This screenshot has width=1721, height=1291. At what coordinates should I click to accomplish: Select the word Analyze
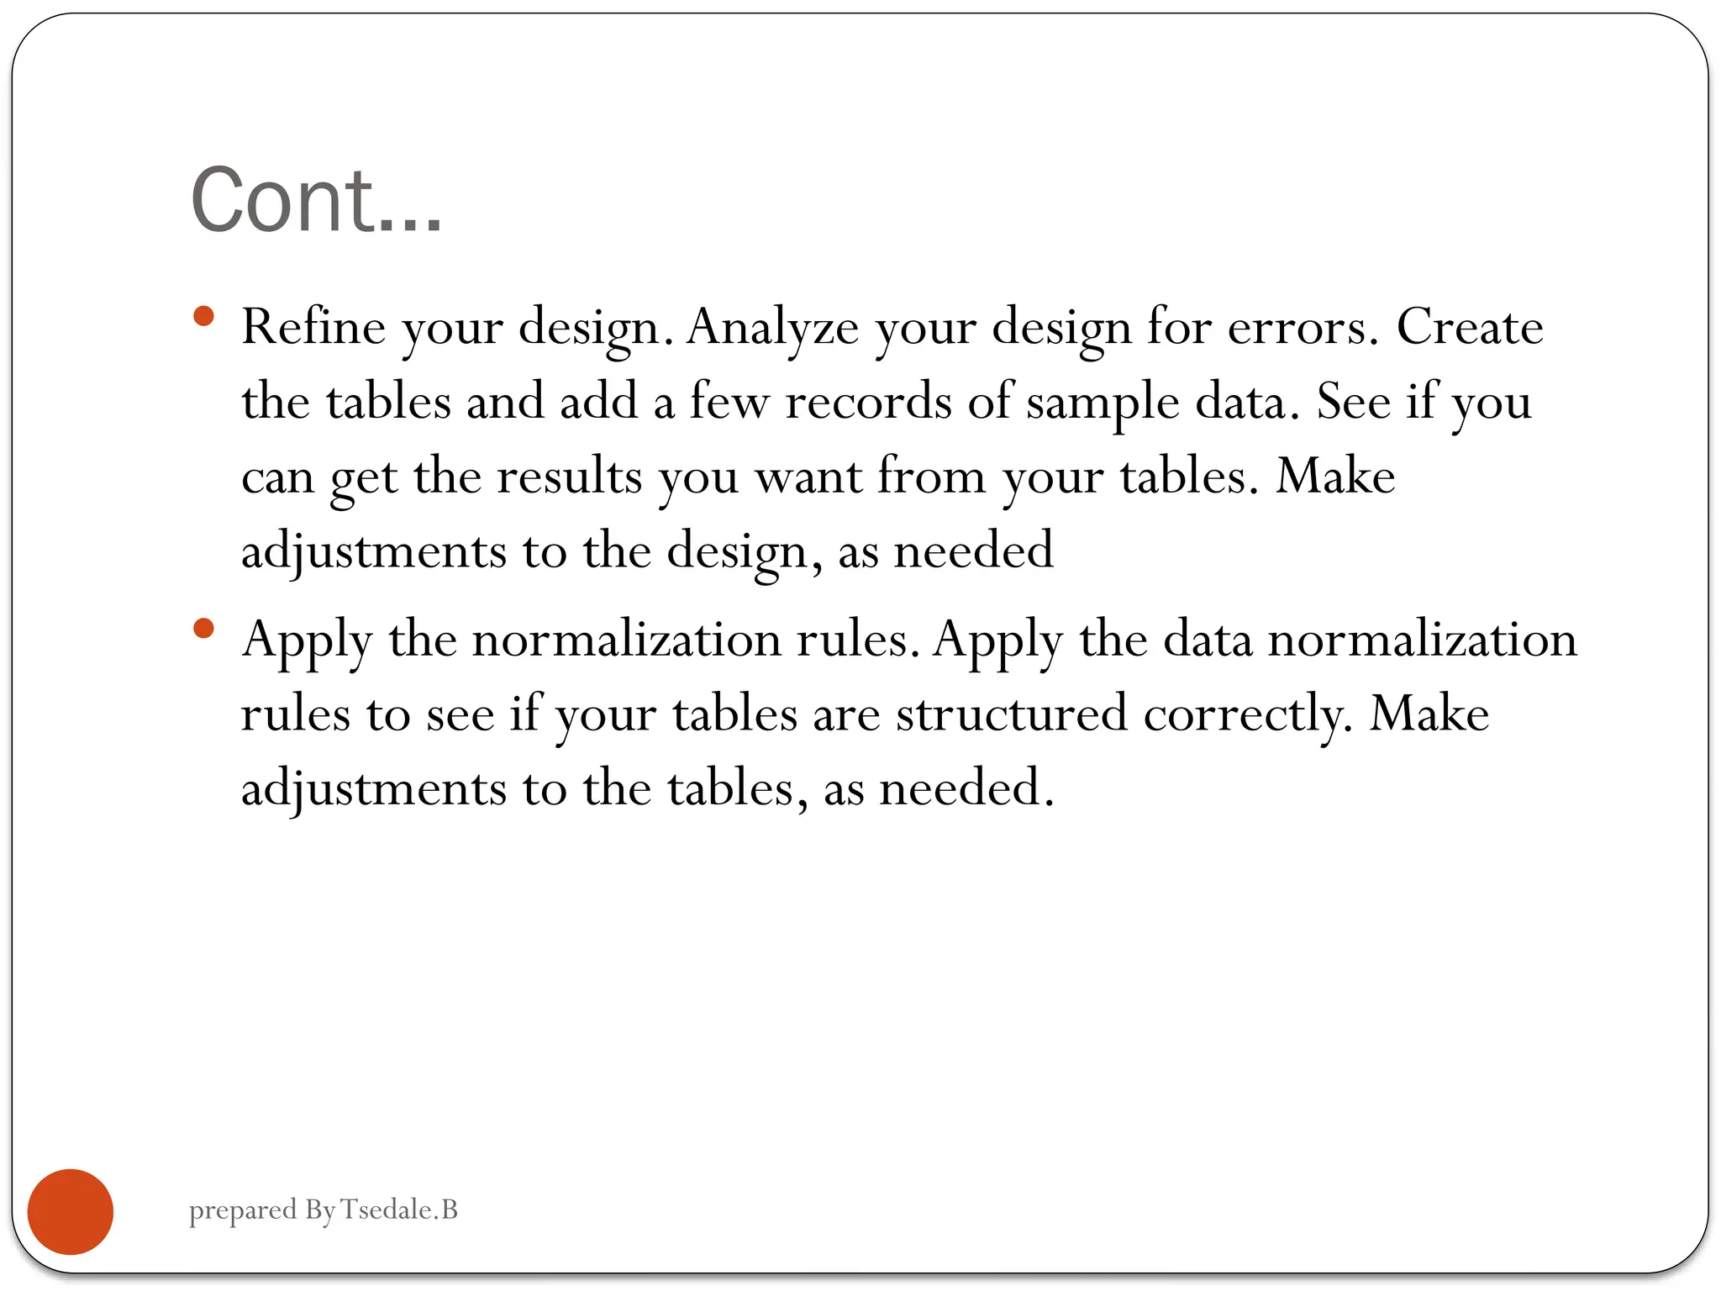[x=772, y=328]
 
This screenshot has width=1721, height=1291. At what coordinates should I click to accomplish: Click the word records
[x=868, y=402]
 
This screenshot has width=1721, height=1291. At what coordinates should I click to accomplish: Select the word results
[x=569, y=477]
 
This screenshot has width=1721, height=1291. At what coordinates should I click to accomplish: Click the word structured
[x=1011, y=714]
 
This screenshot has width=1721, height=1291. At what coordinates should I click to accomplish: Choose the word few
[x=729, y=402]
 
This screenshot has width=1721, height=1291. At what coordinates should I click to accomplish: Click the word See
[x=1354, y=402]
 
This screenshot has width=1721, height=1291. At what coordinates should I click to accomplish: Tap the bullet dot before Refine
[x=203, y=317]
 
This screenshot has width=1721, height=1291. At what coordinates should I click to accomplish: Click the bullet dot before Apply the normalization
[x=203, y=629]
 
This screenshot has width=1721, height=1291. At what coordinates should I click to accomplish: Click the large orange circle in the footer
[x=71, y=1211]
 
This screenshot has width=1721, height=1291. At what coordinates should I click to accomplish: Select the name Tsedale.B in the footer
[x=399, y=1209]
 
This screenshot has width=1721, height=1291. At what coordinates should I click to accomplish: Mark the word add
[x=598, y=402]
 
